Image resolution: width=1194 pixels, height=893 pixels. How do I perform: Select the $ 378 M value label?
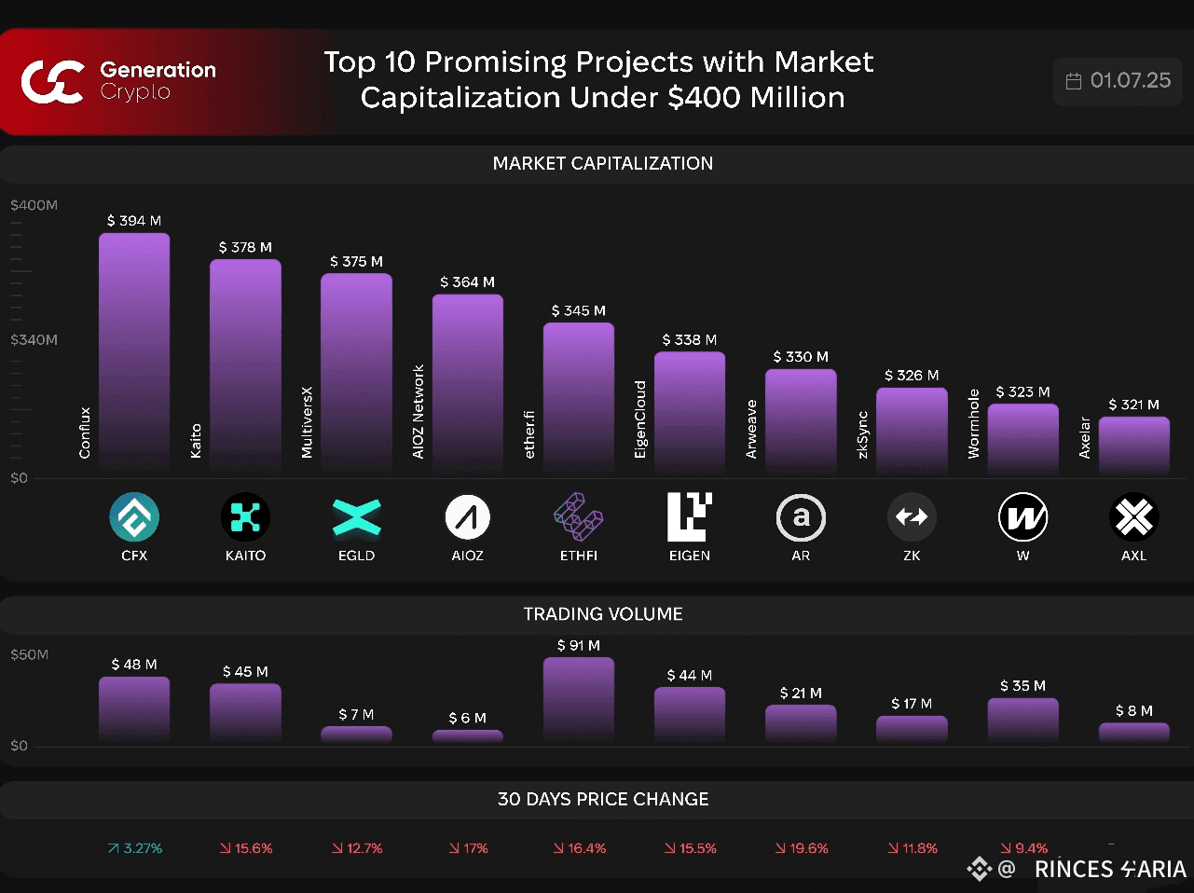pos(245,247)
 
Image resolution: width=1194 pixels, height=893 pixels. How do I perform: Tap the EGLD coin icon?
pos(356,517)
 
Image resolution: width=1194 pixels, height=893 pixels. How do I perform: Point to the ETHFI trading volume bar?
pos(578,698)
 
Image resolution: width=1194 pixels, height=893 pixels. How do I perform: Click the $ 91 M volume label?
pos(578,645)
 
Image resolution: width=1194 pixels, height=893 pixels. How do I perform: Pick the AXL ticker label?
pos(1133,556)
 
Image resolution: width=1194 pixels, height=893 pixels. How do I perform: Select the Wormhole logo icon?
pos(1022,517)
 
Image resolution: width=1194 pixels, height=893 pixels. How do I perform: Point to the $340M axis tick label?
pos(34,339)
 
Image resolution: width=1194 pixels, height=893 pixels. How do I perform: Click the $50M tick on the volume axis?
pos(29,654)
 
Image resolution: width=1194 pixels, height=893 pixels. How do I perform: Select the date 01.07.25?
pos(1130,80)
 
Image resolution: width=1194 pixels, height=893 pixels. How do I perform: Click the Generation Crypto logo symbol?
pos(52,81)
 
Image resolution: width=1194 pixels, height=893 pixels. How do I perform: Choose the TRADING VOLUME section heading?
pos(602,614)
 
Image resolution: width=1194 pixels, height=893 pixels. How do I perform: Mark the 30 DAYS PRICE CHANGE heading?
pos(602,799)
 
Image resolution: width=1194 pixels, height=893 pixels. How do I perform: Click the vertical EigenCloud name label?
pos(640,419)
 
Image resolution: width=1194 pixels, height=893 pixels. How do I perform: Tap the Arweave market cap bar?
pos(801,419)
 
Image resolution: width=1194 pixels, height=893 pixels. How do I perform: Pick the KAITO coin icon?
pos(245,517)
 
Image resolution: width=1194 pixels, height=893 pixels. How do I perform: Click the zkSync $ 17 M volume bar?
pos(912,728)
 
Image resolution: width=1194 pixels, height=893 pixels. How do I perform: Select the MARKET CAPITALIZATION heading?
pos(602,163)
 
